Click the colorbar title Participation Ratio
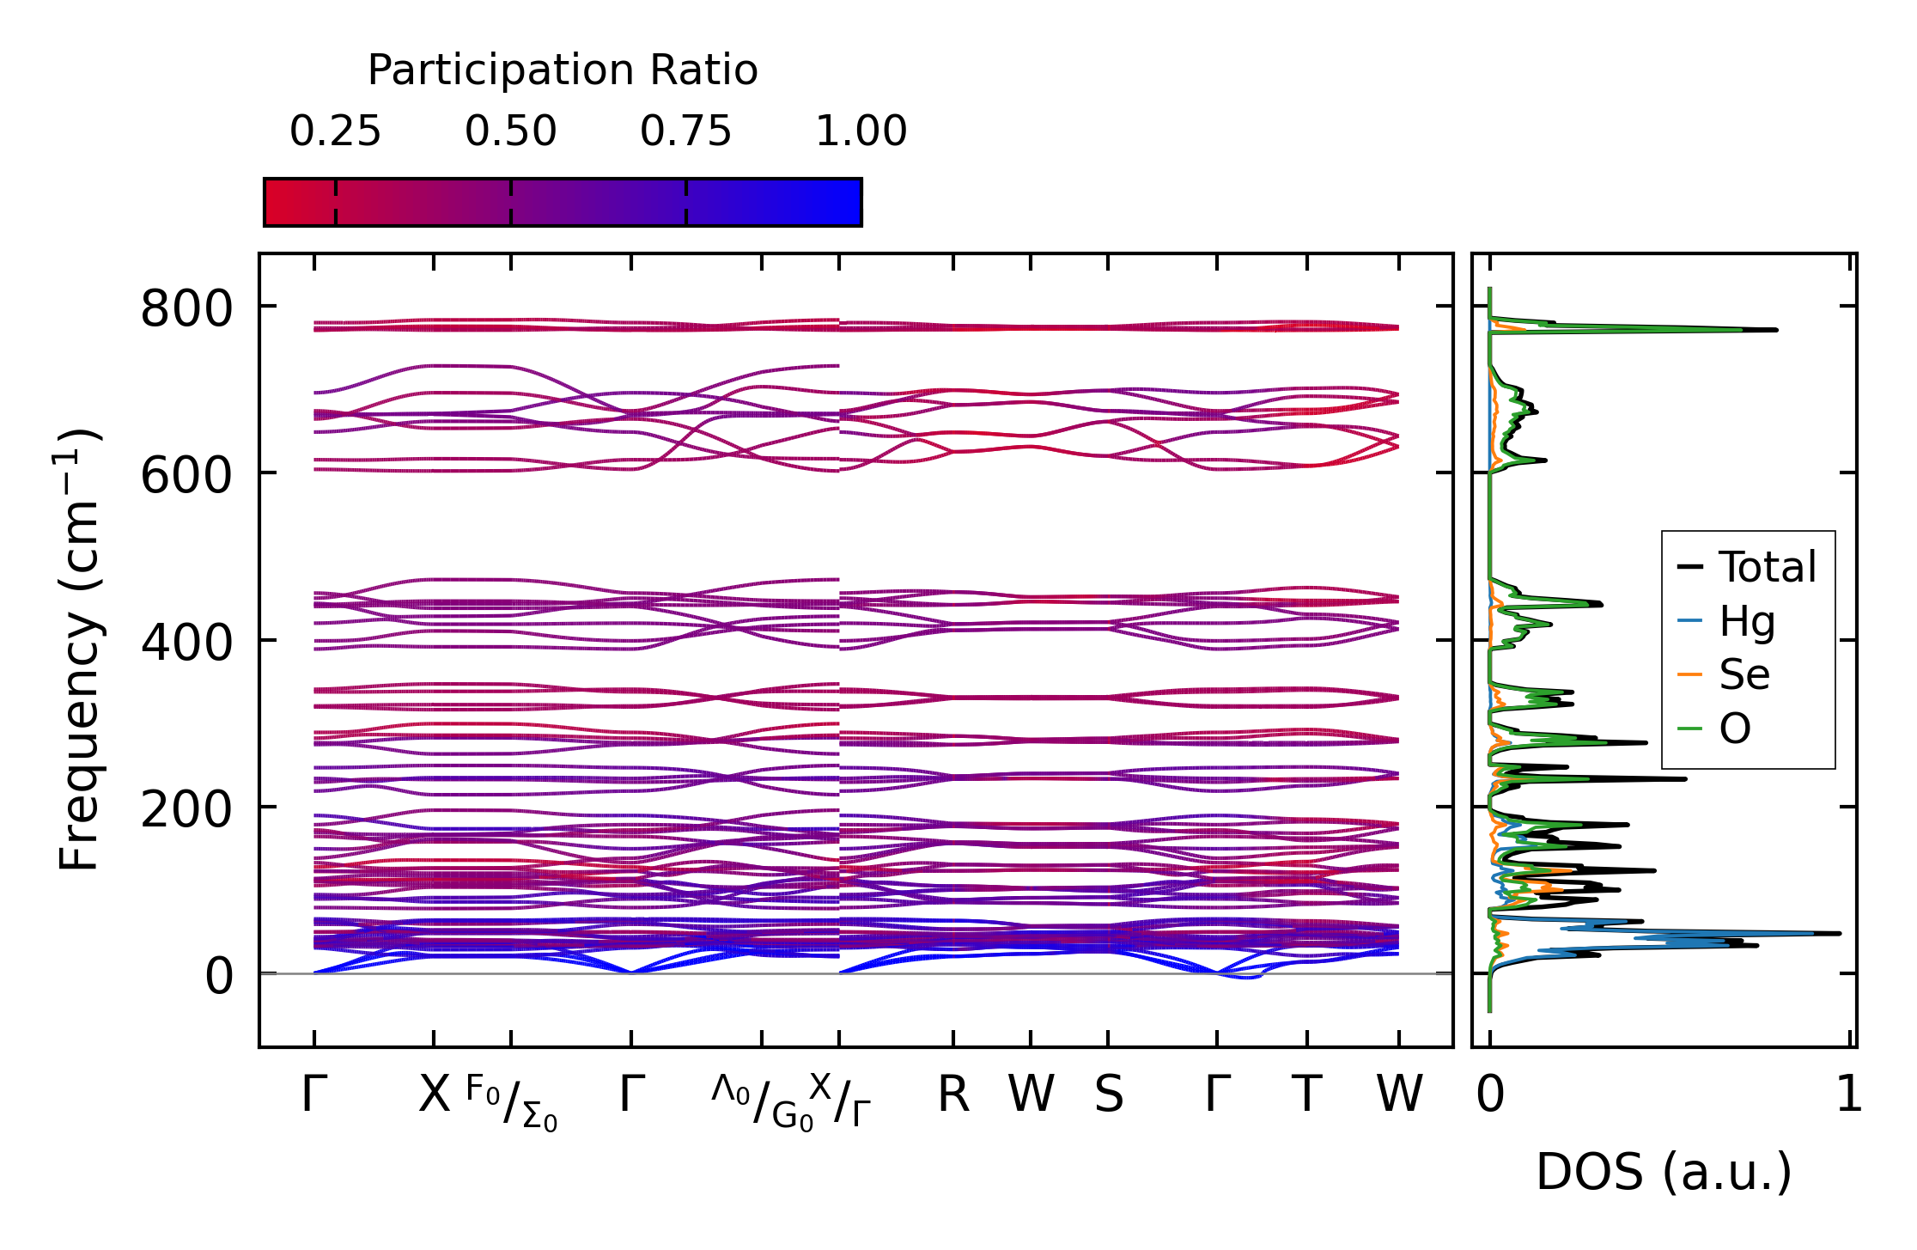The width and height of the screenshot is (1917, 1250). tap(563, 70)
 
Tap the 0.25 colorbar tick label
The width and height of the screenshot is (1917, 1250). tap(335, 132)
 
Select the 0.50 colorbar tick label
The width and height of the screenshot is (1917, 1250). tap(511, 132)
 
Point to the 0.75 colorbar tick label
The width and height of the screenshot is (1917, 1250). tap(685, 132)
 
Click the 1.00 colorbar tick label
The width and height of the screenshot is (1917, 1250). tap(861, 132)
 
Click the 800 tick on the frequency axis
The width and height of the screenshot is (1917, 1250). tap(186, 308)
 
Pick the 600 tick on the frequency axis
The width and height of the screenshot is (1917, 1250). tap(186, 475)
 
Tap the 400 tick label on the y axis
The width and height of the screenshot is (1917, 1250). tap(186, 643)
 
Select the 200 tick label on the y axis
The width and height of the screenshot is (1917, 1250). tap(186, 809)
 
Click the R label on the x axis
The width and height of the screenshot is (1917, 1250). tap(953, 1095)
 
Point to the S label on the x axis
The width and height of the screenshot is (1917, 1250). tap(1108, 1095)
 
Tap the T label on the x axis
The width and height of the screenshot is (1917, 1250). tap(1306, 1095)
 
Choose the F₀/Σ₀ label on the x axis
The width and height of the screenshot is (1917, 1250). tap(512, 1103)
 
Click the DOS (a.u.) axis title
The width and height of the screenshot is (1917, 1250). tap(1664, 1173)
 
